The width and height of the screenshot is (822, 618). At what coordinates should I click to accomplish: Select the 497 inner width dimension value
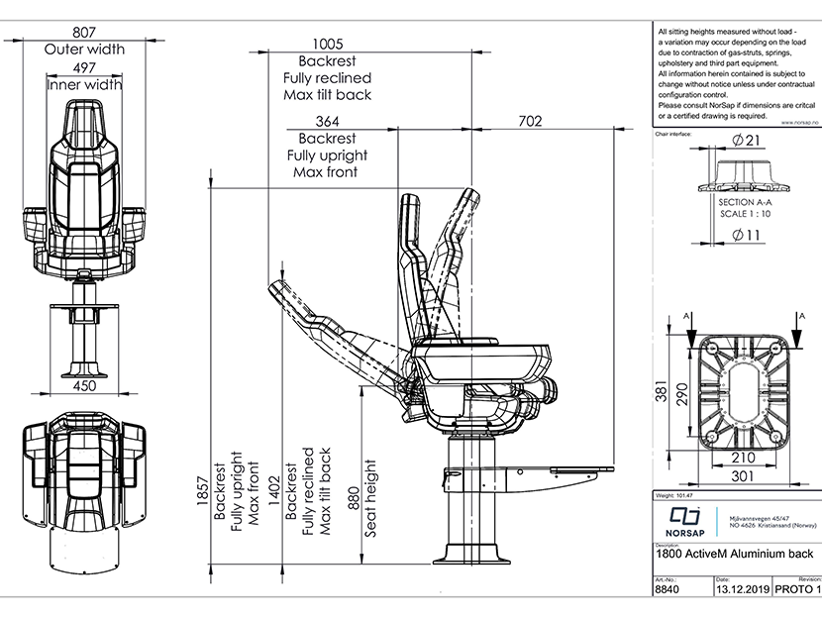point(84,67)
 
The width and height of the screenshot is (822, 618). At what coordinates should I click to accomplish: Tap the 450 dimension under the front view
point(84,385)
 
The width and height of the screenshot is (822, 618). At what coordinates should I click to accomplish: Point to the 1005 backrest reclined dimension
point(327,44)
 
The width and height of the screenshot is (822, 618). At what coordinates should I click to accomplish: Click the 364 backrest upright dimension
point(327,121)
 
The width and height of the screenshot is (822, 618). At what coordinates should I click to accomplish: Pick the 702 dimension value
point(530,121)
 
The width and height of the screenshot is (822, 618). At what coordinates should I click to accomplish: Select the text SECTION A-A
point(749,201)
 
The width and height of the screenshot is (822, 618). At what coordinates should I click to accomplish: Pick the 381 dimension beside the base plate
point(662,394)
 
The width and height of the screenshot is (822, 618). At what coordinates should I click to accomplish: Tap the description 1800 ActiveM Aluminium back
point(735,557)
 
